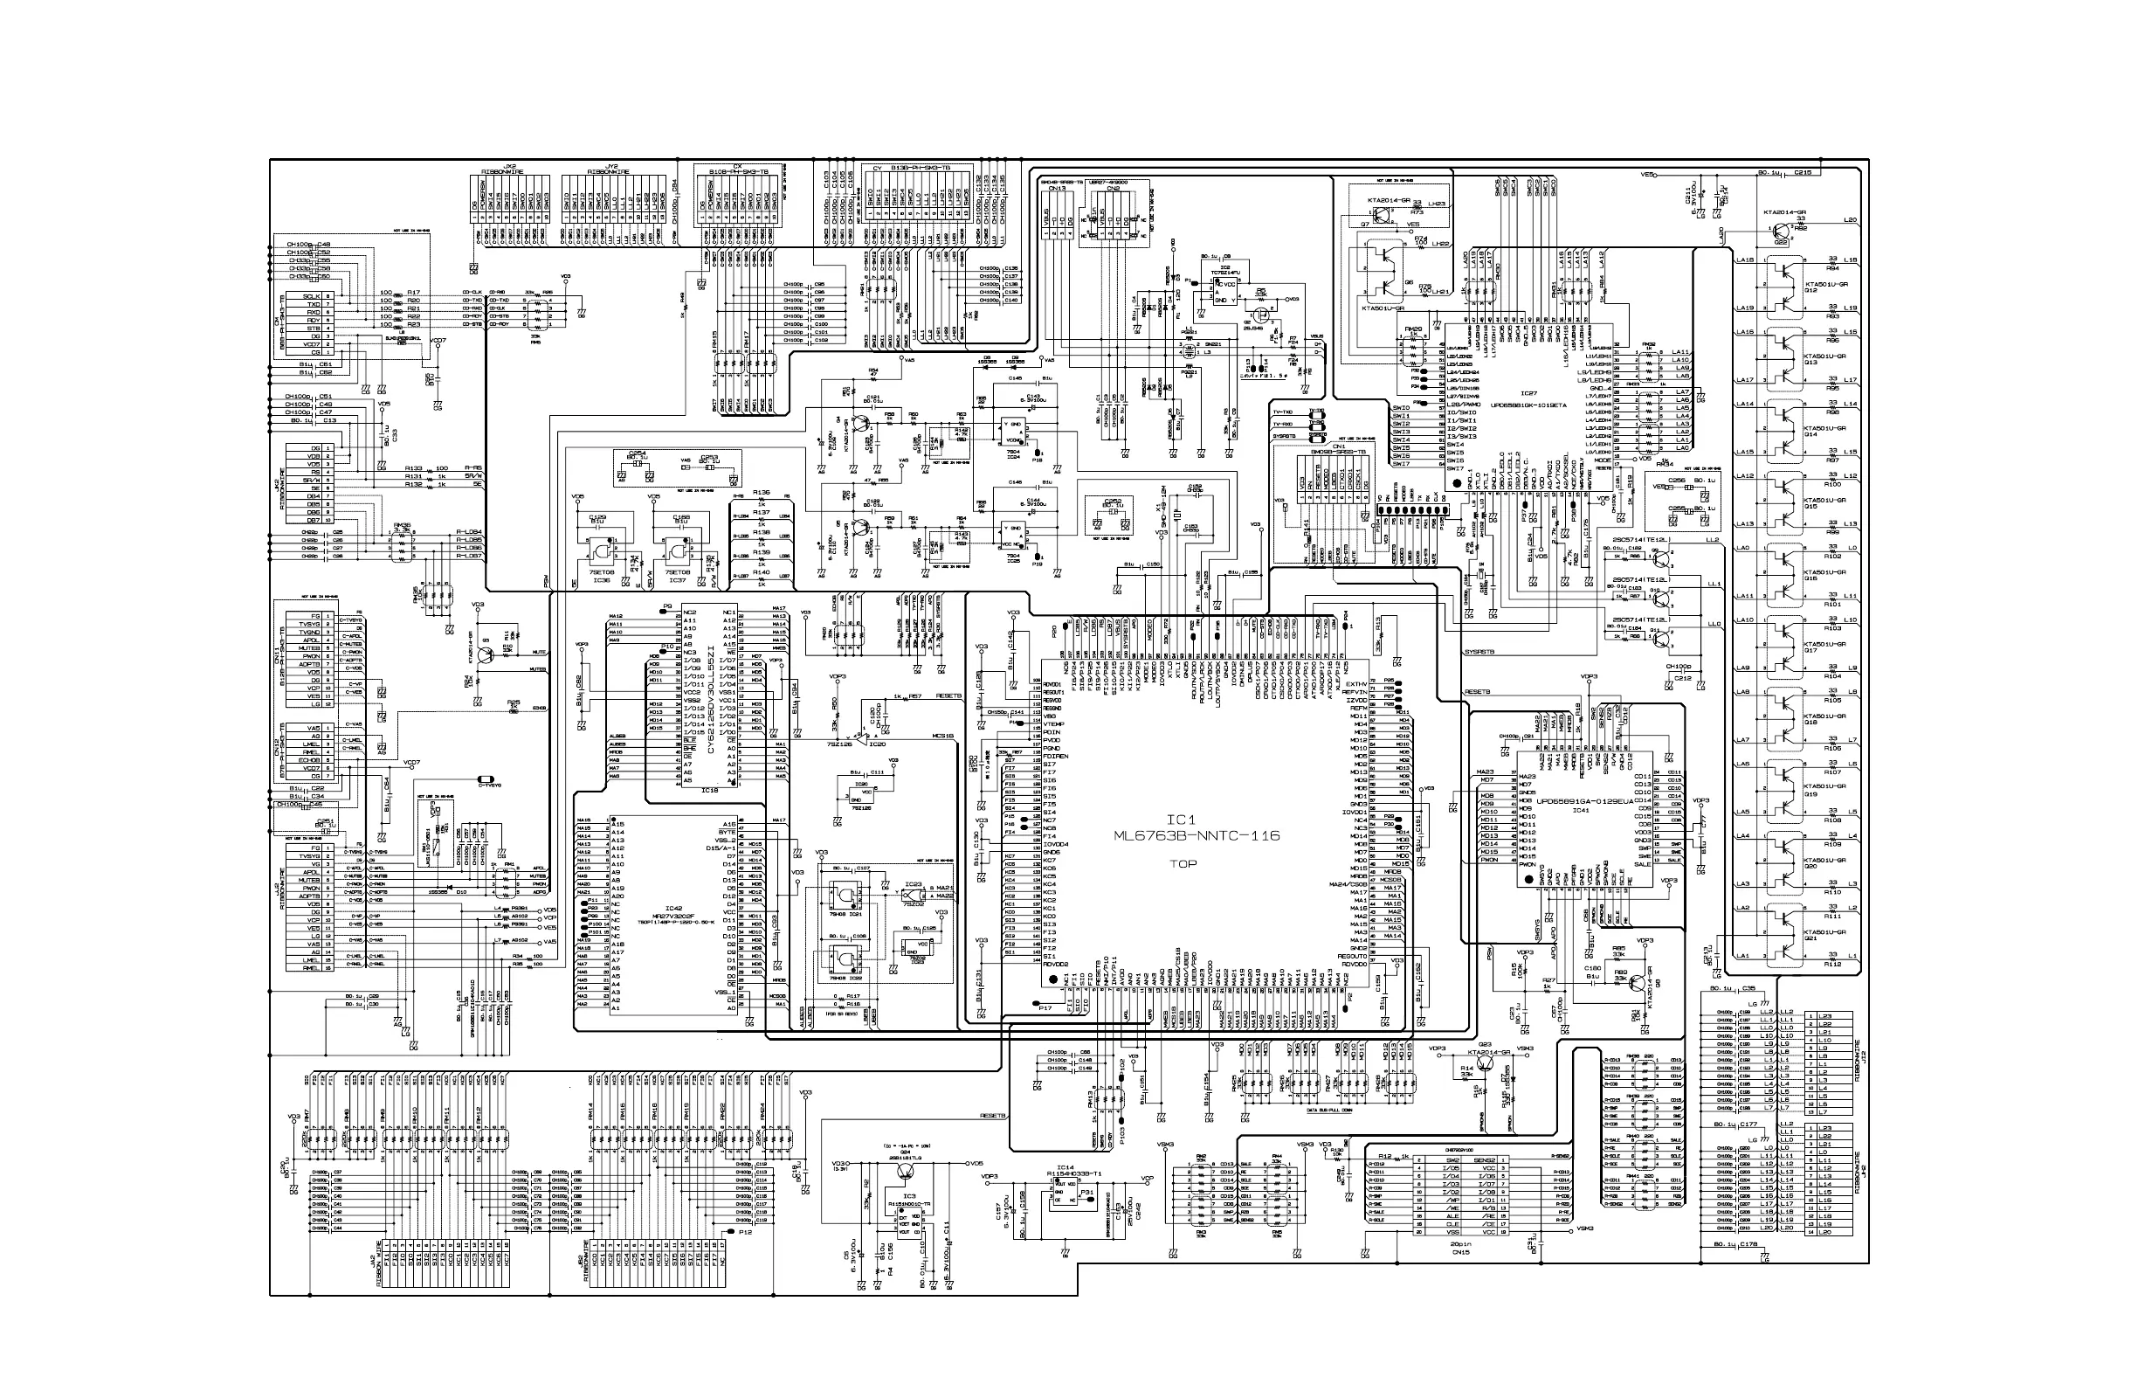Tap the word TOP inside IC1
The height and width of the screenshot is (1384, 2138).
click(x=1183, y=864)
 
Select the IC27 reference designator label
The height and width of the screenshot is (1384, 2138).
click(x=1528, y=392)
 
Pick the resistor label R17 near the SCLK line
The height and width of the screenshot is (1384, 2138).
click(x=413, y=292)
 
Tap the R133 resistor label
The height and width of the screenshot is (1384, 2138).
click(x=413, y=468)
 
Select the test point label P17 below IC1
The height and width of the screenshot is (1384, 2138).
click(x=1045, y=1008)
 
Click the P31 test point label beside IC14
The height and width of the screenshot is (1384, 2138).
click(x=1086, y=1193)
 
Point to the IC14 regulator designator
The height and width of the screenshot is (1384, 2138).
click(x=1066, y=1166)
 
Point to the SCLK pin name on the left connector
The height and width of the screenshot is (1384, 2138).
click(x=312, y=295)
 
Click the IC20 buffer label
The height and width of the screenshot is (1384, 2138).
click(x=877, y=744)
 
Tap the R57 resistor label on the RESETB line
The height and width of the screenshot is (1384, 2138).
click(x=914, y=696)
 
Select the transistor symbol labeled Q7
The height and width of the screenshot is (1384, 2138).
click(x=1364, y=223)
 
